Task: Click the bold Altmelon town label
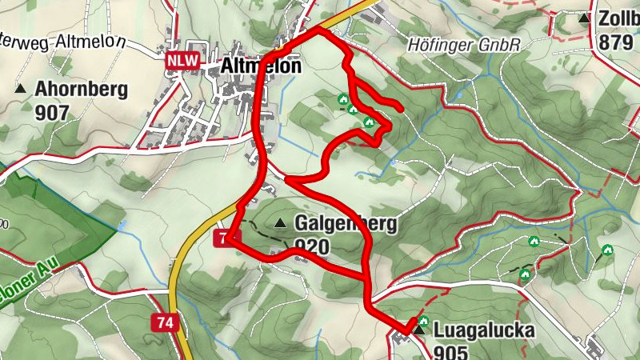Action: point(260,66)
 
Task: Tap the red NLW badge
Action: point(182,60)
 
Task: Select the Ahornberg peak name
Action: point(81,90)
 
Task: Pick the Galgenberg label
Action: point(346,224)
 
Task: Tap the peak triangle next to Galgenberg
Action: point(280,223)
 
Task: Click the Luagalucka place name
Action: point(483,329)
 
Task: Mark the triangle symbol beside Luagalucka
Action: point(418,329)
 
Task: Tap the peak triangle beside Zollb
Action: point(585,18)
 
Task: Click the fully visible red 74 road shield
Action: point(165,322)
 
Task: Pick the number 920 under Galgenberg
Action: point(312,247)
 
